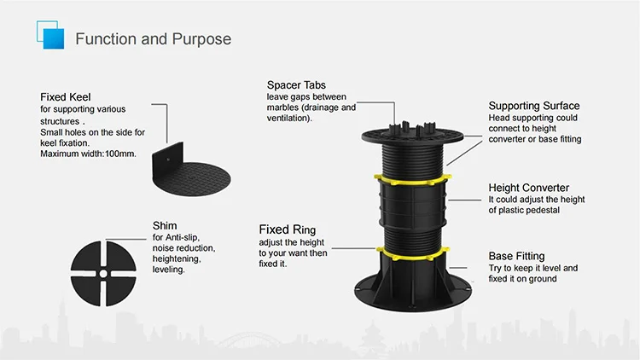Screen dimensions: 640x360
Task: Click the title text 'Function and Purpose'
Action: point(153,39)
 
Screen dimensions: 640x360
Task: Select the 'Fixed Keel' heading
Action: point(66,97)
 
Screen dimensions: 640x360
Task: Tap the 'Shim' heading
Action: point(166,226)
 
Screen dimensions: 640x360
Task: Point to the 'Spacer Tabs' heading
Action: point(296,85)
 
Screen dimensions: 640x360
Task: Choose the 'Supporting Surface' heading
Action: point(533,106)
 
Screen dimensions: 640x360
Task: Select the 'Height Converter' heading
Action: point(528,188)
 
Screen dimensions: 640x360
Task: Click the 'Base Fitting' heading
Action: point(516,256)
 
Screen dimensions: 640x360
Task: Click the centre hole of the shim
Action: point(102,275)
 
